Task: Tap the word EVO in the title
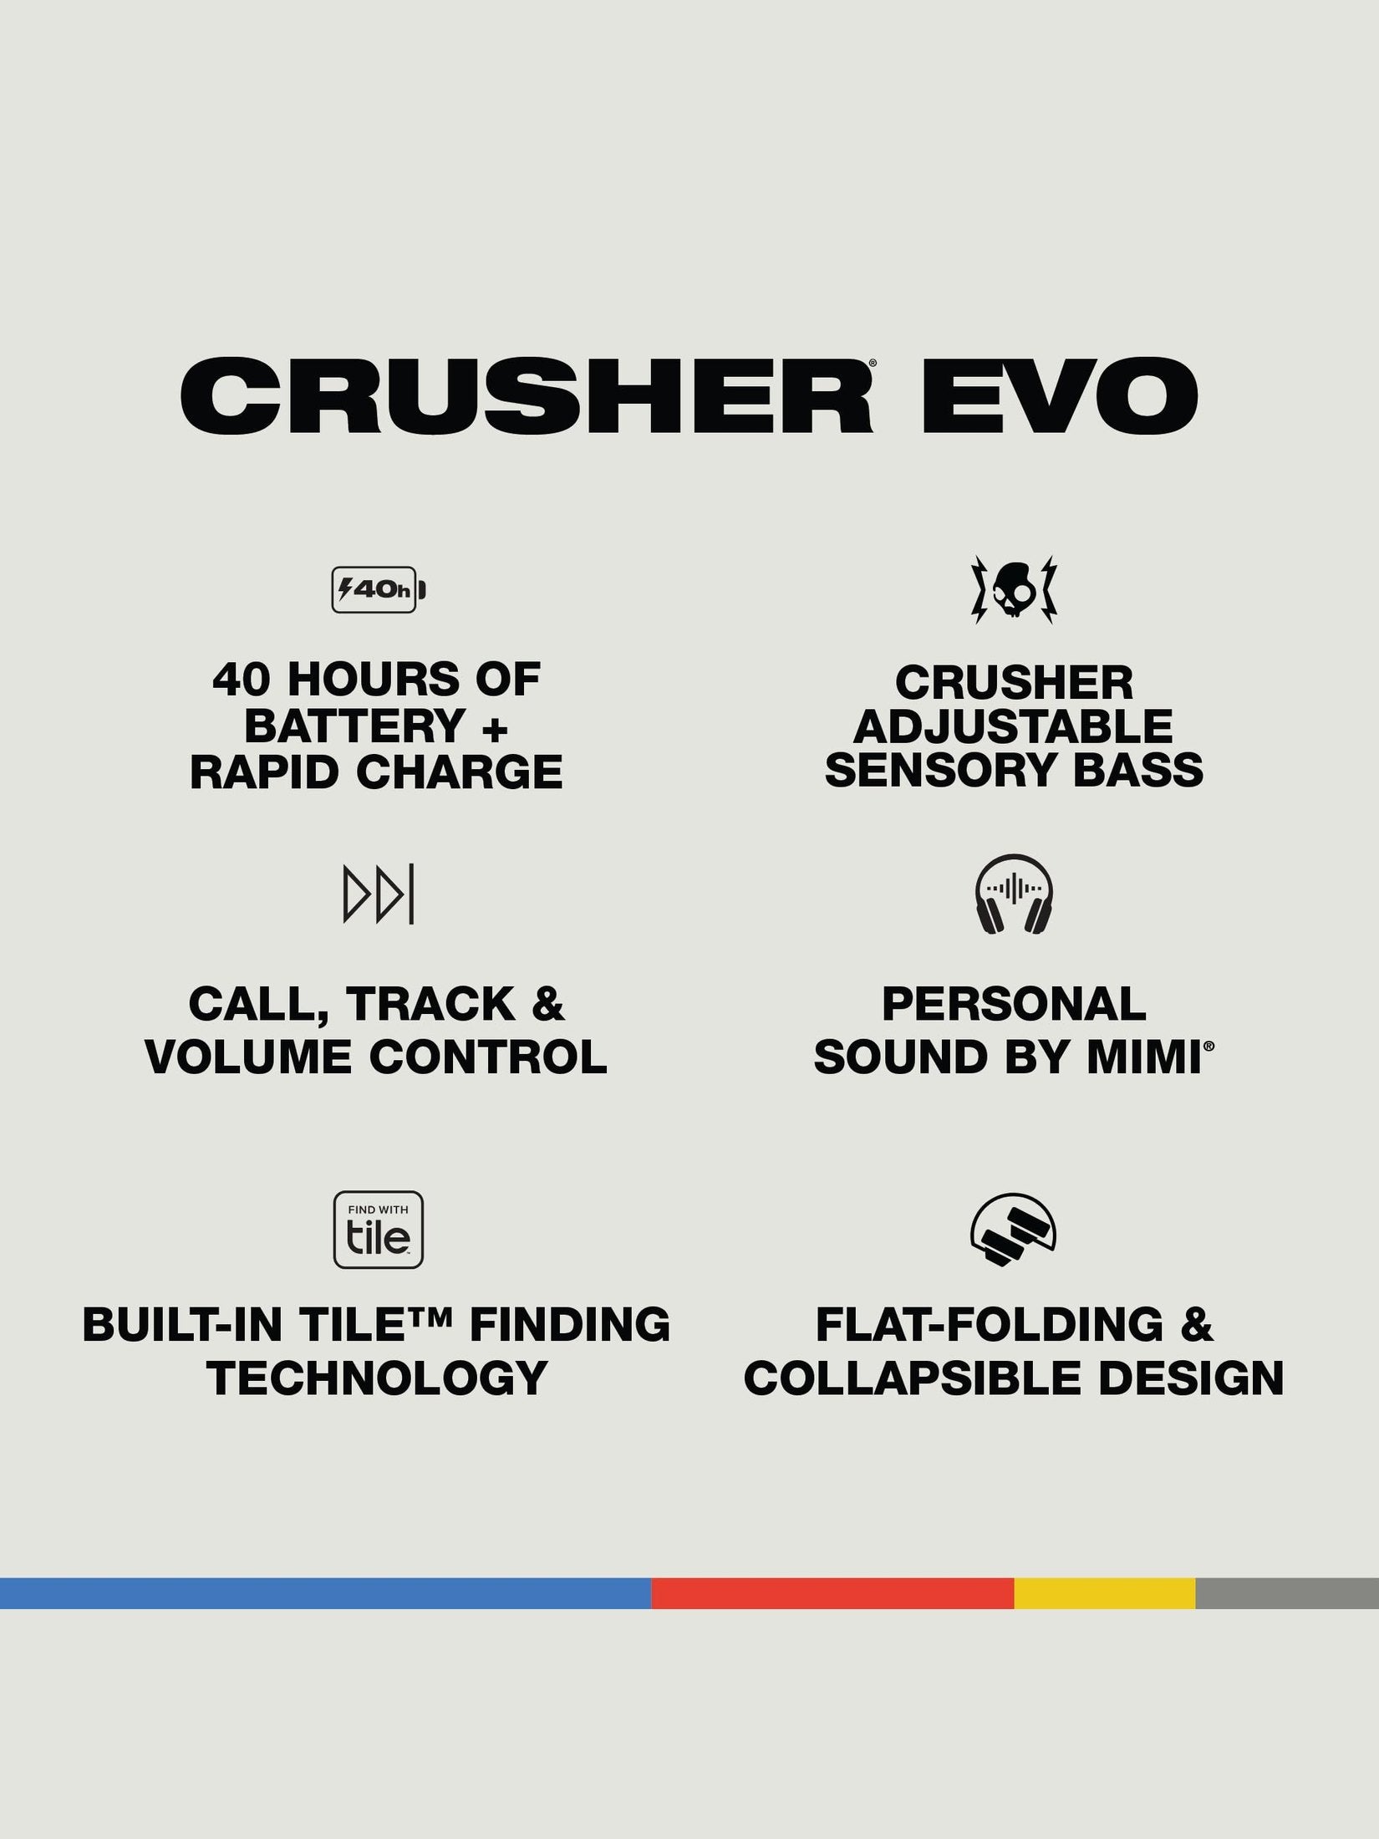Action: pos(1061,395)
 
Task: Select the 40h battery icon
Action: pos(379,589)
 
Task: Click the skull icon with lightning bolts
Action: pos(1014,588)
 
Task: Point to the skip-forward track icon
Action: pos(379,895)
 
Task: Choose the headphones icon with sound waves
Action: pos(1014,894)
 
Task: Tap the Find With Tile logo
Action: pos(379,1230)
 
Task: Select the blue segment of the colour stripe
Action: pos(325,1593)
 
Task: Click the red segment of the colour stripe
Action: pos(832,1593)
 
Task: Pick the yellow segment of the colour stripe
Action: pos(1105,1593)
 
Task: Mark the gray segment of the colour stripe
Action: pos(1287,1593)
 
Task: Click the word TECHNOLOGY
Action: pos(377,1378)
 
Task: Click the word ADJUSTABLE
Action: pos(1013,726)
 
